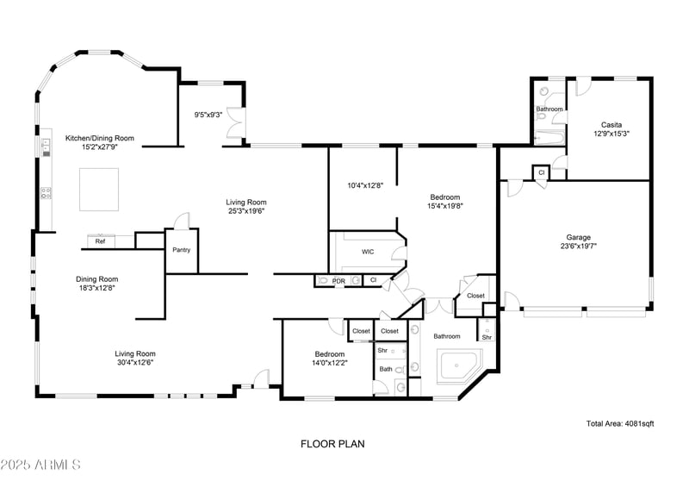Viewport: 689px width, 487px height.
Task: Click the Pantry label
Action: click(182, 250)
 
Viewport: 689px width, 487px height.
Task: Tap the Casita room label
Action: click(611, 125)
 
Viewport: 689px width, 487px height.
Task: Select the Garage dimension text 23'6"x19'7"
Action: click(578, 247)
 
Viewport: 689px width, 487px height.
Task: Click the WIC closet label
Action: click(368, 252)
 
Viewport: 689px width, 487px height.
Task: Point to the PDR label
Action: click(338, 281)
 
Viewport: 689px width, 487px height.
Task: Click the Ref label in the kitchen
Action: click(100, 241)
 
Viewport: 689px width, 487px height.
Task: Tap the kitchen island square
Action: click(99, 189)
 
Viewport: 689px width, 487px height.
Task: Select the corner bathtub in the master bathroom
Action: click(460, 365)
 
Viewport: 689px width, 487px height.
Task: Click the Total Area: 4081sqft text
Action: click(620, 424)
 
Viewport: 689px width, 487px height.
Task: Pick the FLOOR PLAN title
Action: click(332, 444)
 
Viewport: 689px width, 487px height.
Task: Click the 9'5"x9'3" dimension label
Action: click(208, 115)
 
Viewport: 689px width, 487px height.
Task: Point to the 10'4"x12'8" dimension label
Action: click(365, 185)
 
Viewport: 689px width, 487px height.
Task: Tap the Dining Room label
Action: click(96, 279)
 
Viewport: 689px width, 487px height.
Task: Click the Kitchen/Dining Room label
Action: click(100, 138)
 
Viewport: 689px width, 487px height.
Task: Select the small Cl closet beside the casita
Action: click(542, 172)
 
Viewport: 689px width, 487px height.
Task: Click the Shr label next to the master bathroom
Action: click(487, 337)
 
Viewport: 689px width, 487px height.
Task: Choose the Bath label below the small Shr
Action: click(386, 369)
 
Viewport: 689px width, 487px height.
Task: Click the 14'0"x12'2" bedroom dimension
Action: click(330, 363)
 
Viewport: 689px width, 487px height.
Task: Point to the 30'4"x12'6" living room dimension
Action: click(135, 363)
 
